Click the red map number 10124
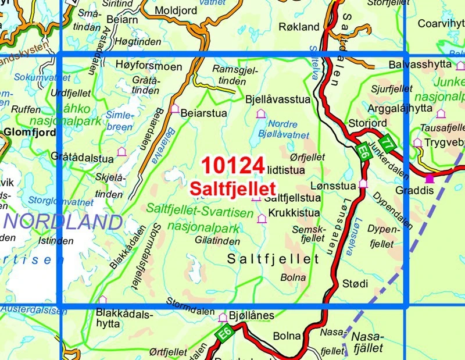tap(233, 166)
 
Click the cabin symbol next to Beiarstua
tap(174, 109)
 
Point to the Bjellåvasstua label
tap(278, 99)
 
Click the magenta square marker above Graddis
tap(430, 178)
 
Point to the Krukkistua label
tap(294, 213)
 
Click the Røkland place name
tap(299, 27)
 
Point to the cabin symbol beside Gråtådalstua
tap(121, 152)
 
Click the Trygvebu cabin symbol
tap(417, 142)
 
